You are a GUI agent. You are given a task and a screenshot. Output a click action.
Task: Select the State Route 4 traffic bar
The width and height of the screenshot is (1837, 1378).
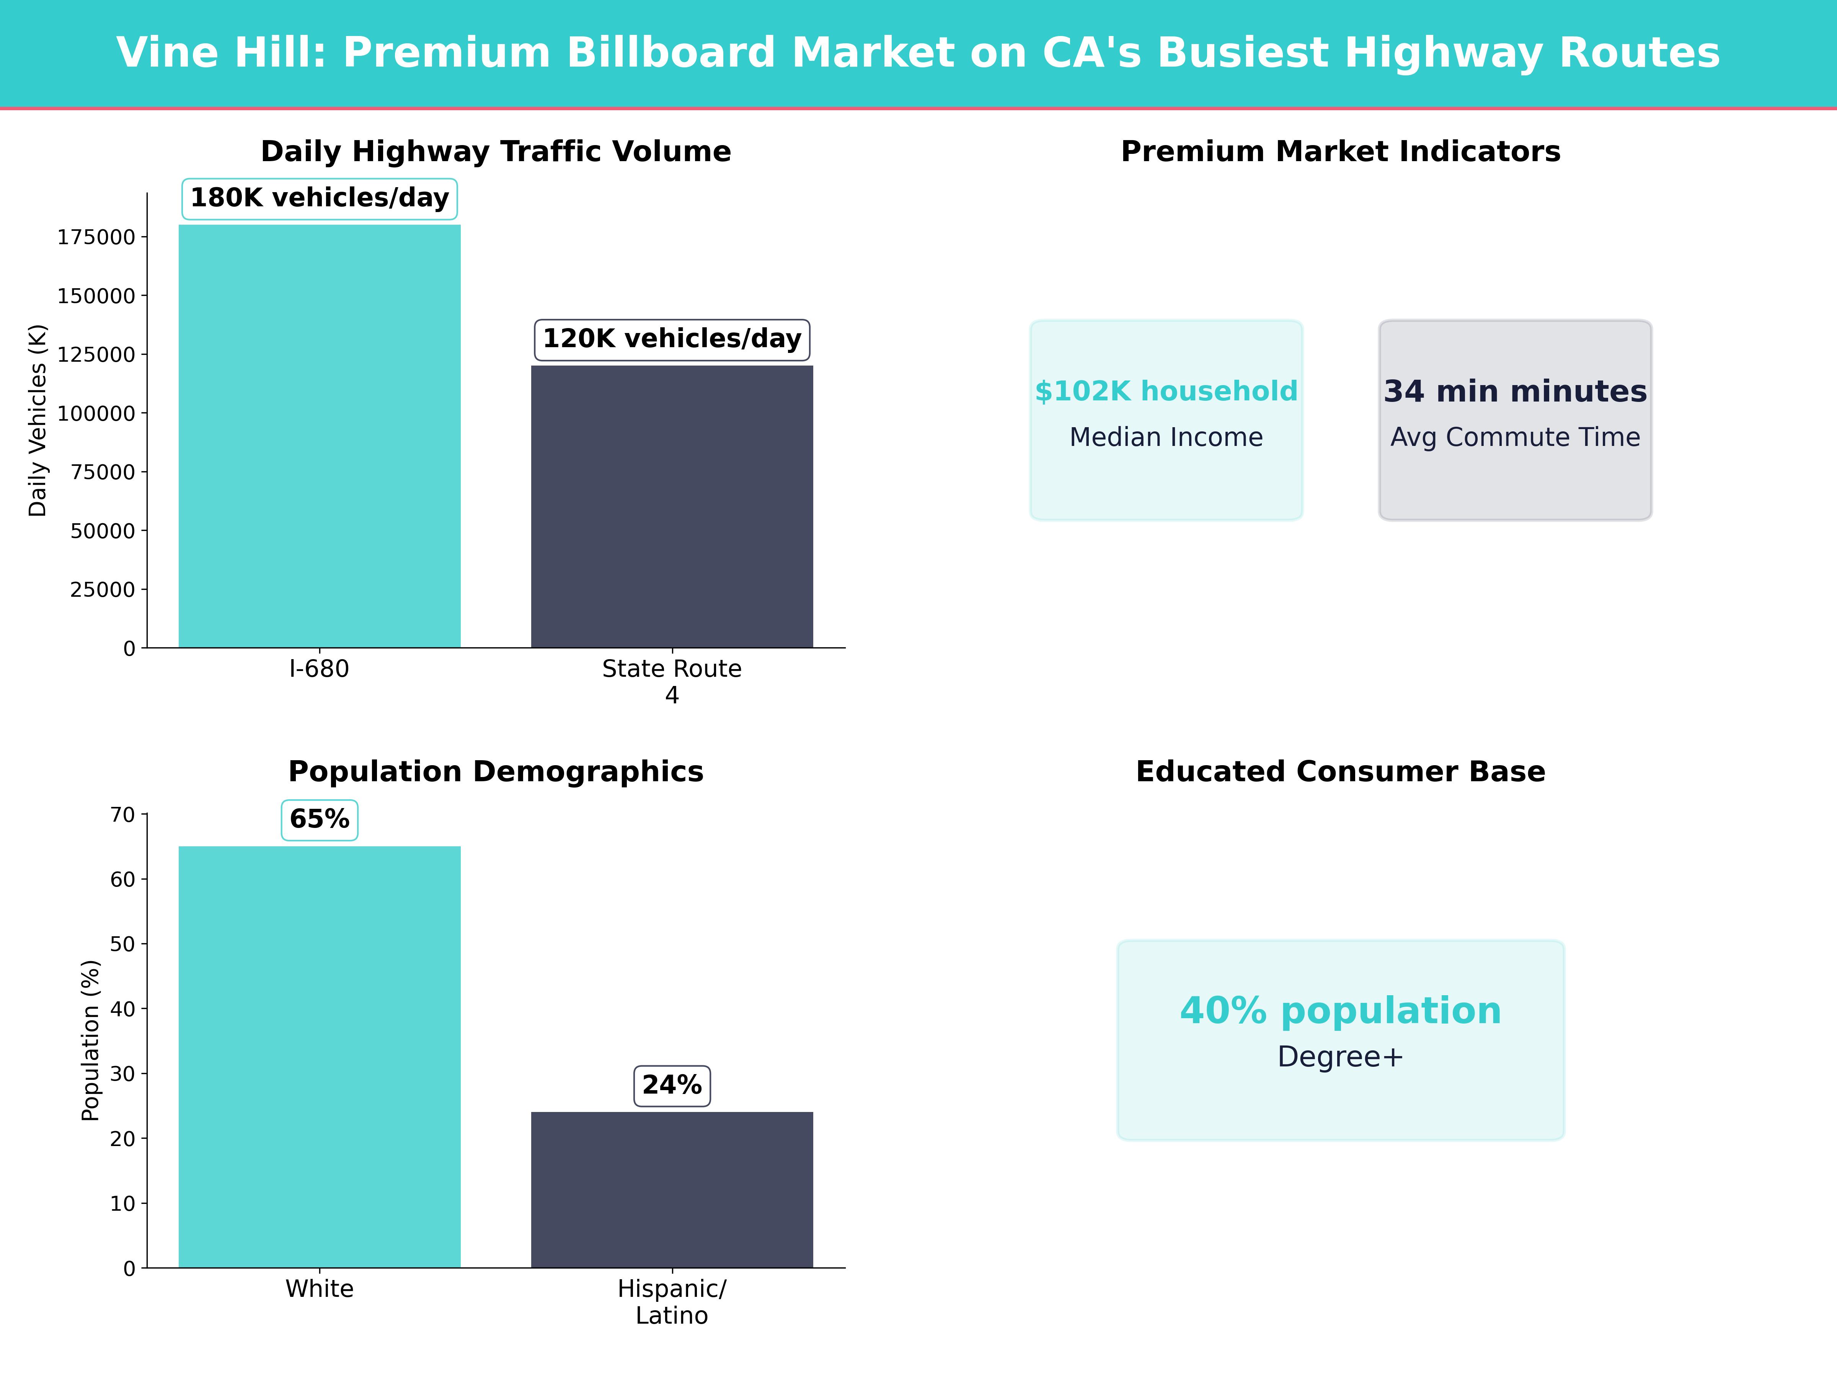point(672,507)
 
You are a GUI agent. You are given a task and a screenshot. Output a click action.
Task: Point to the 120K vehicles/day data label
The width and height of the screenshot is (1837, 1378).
point(672,339)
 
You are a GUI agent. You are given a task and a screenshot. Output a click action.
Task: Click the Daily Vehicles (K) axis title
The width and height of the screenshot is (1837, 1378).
point(38,420)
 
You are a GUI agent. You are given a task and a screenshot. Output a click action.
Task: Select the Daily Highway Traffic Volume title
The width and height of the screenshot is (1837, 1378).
point(496,152)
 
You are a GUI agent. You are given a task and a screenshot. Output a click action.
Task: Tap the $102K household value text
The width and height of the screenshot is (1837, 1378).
point(1166,391)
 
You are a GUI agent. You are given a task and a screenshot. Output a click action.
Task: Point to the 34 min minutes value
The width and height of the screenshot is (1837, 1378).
point(1515,391)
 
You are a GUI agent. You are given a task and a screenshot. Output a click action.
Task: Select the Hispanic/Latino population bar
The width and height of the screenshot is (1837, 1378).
point(672,1189)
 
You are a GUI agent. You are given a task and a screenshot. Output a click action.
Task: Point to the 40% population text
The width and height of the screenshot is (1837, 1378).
point(1340,1011)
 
